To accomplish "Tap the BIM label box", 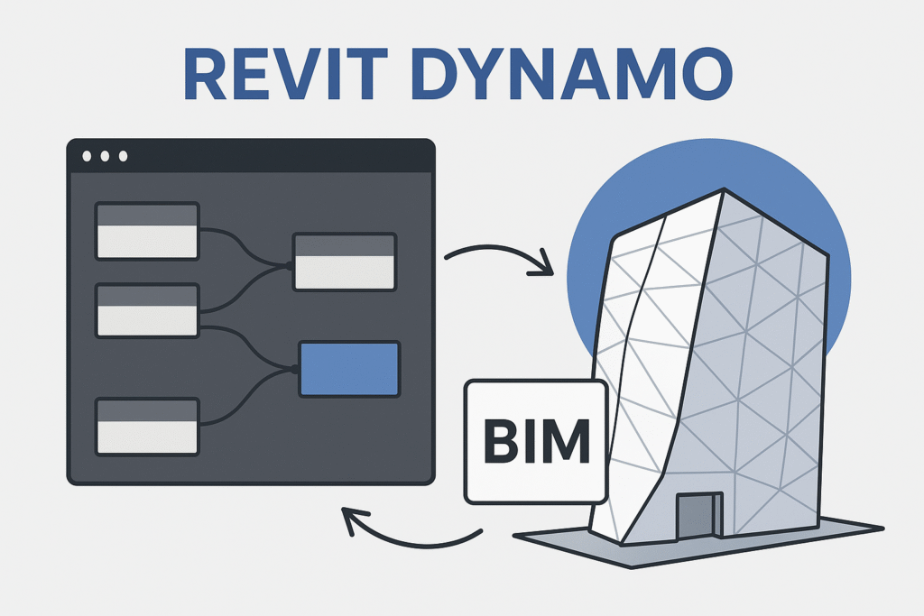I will [x=536, y=441].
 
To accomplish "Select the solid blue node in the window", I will [x=348, y=369].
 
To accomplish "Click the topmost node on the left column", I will [x=146, y=231].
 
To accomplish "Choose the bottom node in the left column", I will [x=146, y=426].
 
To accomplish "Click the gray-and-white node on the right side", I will [x=345, y=262].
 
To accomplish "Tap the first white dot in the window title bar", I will [x=88, y=157].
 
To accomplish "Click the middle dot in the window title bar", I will [x=105, y=157].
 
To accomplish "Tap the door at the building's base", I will [x=699, y=519].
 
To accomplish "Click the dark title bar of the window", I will [x=271, y=157].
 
